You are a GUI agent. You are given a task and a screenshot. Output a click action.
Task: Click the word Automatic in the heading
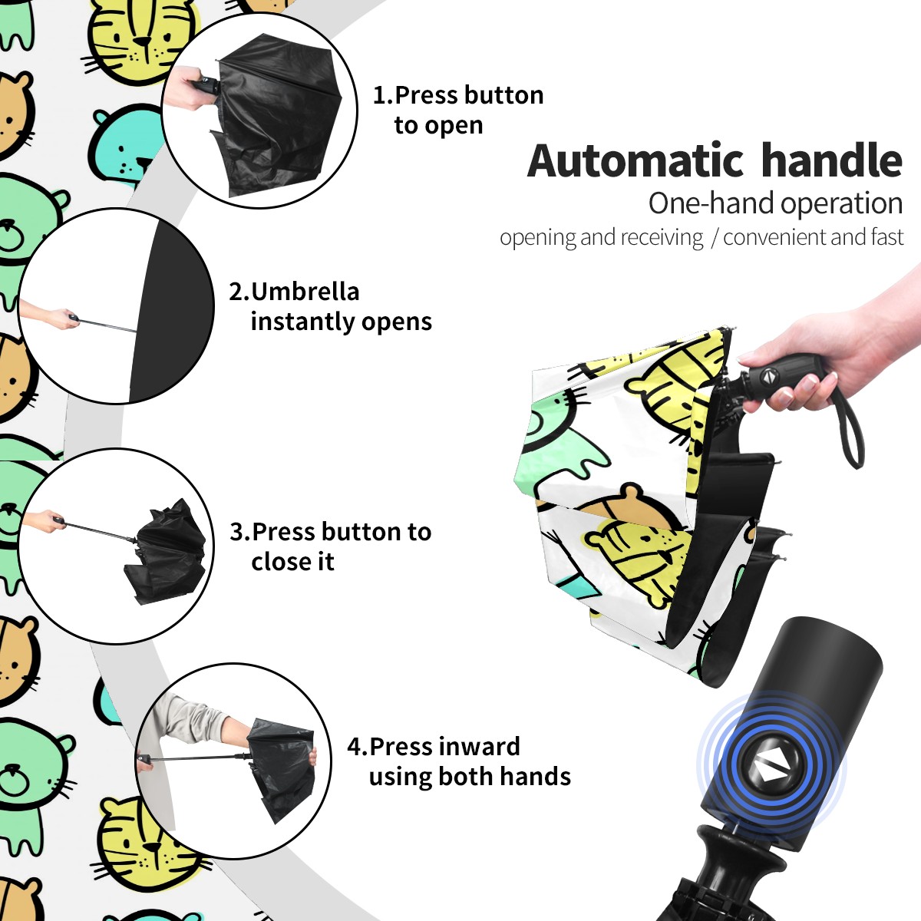635,160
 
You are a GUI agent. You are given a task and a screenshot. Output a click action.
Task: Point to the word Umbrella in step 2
305,292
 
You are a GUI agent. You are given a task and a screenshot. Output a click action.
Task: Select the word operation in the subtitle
842,204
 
